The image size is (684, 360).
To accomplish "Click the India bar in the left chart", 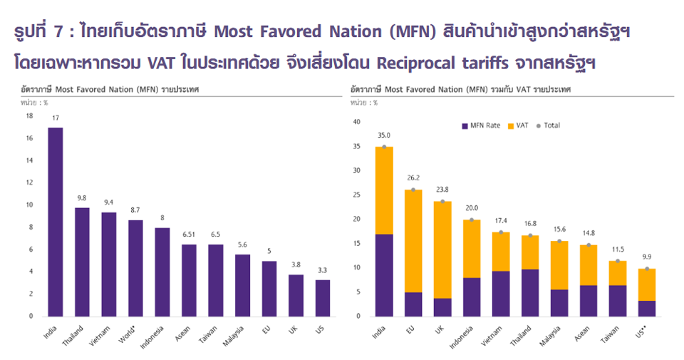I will pos(56,221).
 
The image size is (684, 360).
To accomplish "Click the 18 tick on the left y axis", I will pos(29,116).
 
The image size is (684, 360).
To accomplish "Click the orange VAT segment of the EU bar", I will pos(414,240).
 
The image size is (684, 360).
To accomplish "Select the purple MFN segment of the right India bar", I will pos(385,274).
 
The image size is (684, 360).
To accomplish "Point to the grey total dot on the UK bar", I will pos(443,201).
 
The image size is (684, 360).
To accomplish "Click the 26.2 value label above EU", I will pos(414,180).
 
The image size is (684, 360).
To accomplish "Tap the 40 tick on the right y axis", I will pos(358,122).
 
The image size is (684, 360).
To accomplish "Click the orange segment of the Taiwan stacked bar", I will pos(617,273).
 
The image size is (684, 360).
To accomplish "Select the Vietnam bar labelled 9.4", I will pos(110,264).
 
